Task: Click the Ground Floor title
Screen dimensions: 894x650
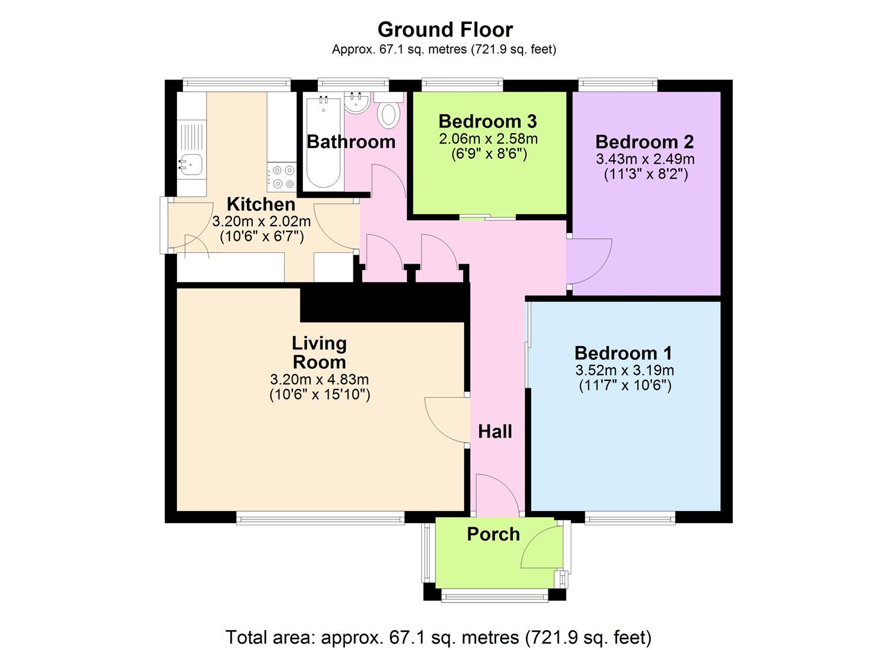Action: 445,30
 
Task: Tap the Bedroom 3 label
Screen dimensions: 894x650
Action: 488,122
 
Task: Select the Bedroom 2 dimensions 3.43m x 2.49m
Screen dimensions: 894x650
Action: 645,159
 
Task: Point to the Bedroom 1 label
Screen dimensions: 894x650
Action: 624,353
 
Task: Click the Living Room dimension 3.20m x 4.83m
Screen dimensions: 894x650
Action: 319,379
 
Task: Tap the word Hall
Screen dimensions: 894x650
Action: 495,432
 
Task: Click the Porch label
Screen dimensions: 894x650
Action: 493,534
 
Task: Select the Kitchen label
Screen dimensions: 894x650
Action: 261,204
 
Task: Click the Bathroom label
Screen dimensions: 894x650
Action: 351,142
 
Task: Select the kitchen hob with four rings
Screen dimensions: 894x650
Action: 282,176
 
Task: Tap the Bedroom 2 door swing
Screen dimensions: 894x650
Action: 590,261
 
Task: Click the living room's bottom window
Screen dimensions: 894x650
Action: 320,518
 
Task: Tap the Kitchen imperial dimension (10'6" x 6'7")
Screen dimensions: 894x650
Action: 262,237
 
